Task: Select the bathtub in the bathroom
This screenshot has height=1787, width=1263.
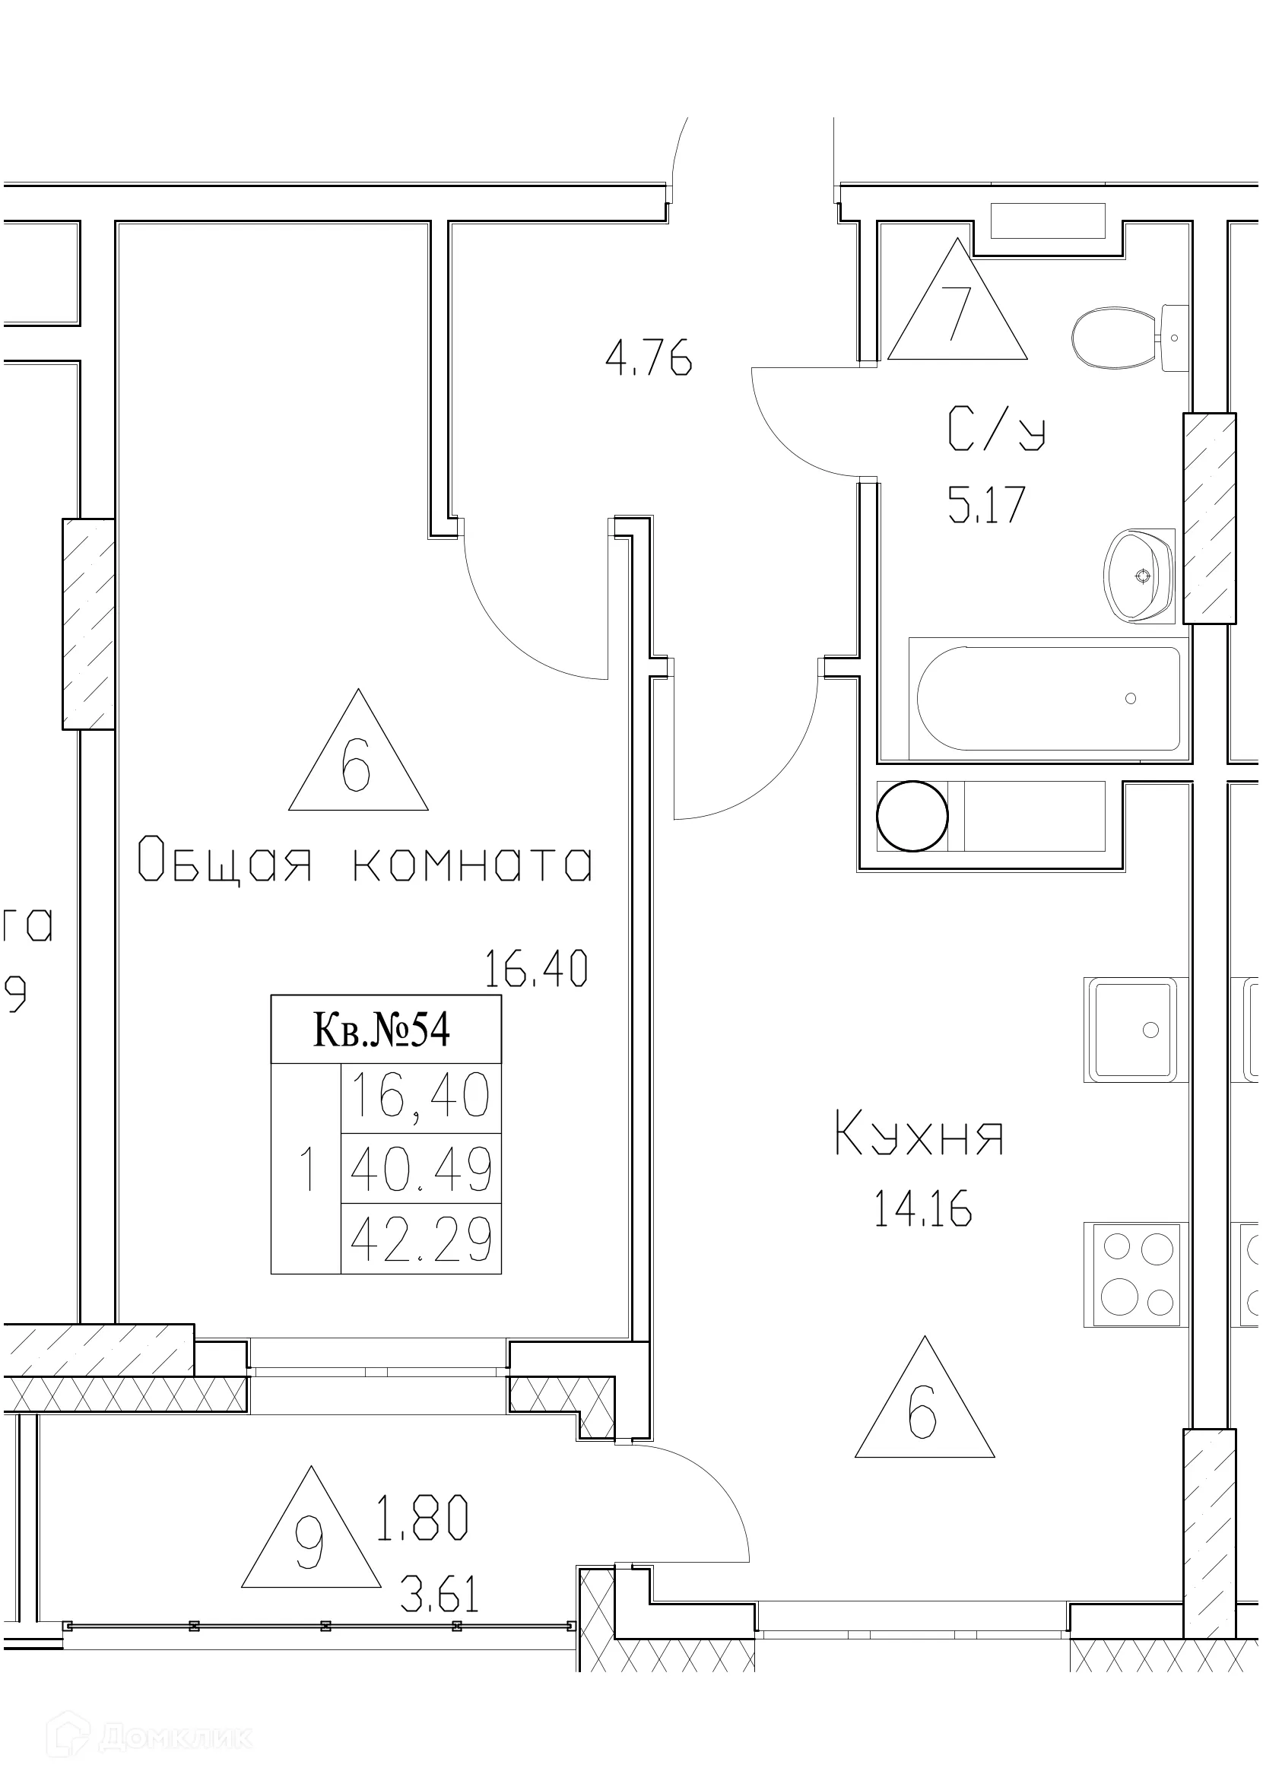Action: coord(1048,698)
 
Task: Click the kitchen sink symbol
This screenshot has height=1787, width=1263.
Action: coord(1134,1030)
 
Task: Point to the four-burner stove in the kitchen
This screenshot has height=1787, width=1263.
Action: coord(1136,1274)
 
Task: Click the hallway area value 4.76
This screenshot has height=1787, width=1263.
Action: coord(649,361)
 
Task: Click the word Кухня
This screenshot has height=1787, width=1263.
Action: coord(919,1135)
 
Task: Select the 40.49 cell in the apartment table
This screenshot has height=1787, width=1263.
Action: coord(420,1170)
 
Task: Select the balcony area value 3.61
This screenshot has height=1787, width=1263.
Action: coord(439,1594)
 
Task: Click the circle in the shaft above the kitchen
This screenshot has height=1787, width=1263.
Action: coord(912,817)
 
